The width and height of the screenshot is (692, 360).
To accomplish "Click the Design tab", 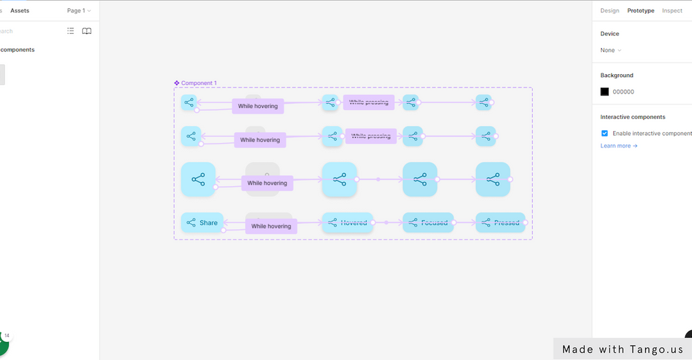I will tap(609, 10).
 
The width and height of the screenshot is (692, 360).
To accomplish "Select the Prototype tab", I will tap(641, 10).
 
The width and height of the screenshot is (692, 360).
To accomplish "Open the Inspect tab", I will tap(672, 10).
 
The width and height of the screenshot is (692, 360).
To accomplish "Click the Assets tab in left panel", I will tap(19, 10).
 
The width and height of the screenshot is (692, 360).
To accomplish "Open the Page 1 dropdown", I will tap(79, 10).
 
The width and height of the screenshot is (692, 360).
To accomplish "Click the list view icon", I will tap(71, 31).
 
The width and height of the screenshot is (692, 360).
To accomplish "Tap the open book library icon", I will tap(86, 31).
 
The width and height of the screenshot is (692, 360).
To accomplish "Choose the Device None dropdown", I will tap(610, 50).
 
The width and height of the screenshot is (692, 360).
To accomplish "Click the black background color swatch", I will tap(605, 91).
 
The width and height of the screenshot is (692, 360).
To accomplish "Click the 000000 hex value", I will tap(623, 91).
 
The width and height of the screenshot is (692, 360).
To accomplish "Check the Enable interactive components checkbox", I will tap(605, 133).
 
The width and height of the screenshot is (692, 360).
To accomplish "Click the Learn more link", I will tap(619, 146).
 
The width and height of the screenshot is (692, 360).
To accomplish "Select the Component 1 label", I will tap(199, 83).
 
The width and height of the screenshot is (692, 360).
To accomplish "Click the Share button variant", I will tap(201, 223).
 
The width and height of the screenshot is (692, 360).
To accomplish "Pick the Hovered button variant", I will tap(347, 223).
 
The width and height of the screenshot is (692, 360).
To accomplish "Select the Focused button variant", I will tap(428, 223).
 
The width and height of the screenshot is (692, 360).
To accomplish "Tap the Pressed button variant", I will tap(500, 223).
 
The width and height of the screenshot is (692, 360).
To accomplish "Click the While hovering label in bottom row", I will tap(271, 226).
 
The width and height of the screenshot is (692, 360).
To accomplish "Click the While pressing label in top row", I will tap(369, 102).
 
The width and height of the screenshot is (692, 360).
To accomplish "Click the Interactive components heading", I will tap(632, 117).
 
